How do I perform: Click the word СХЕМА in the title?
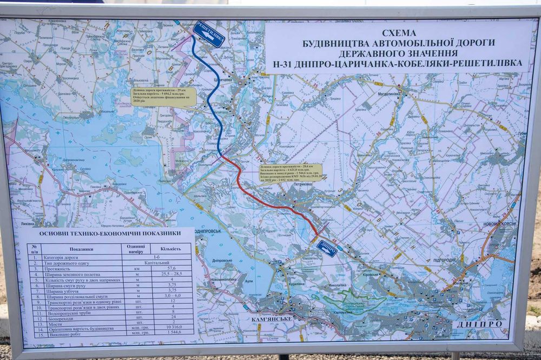coord(399,33)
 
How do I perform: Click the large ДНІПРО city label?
coord(479,324)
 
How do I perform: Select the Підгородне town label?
coord(447,260)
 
